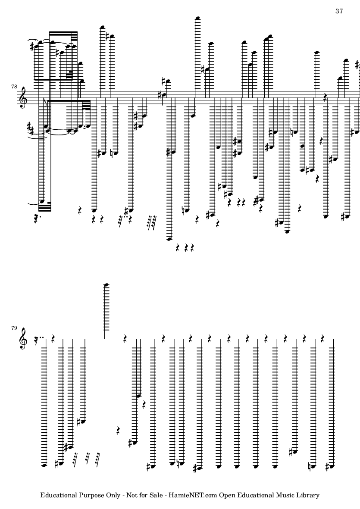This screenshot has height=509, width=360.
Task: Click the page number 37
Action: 339,11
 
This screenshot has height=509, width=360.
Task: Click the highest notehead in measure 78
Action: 198,18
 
